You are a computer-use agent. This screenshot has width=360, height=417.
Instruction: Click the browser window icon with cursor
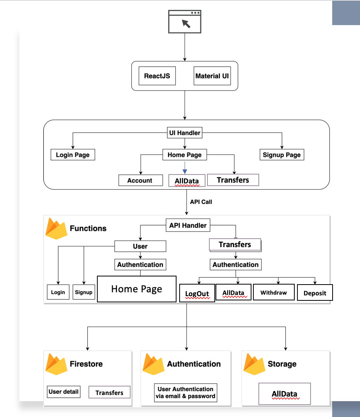185,22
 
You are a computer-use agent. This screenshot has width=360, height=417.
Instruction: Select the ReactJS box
158,76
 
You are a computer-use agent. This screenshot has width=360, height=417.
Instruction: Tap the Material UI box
212,76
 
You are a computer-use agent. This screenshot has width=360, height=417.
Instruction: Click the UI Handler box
185,133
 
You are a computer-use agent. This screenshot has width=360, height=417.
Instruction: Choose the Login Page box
73,155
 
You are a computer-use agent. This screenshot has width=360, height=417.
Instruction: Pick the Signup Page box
282,155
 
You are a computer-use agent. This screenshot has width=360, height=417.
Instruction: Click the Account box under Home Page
140,180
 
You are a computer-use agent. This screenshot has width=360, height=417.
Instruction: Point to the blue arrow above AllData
185,167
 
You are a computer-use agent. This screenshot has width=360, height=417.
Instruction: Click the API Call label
201,202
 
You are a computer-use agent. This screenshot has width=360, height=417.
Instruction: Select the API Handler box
188,225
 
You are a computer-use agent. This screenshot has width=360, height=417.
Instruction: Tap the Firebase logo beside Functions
56,229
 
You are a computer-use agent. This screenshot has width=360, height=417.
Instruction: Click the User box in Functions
140,246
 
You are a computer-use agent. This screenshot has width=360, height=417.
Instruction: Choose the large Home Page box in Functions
136,289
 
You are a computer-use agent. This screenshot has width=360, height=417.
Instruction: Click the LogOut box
197,293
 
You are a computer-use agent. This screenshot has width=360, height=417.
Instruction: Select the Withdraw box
273,292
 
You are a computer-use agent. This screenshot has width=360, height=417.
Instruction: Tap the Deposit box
315,293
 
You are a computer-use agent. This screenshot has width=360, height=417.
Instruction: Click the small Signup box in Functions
84,292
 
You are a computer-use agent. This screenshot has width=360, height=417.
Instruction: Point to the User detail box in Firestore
63,392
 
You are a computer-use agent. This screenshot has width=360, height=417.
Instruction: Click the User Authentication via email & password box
185,392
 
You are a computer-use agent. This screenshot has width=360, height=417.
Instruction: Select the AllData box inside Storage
284,394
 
